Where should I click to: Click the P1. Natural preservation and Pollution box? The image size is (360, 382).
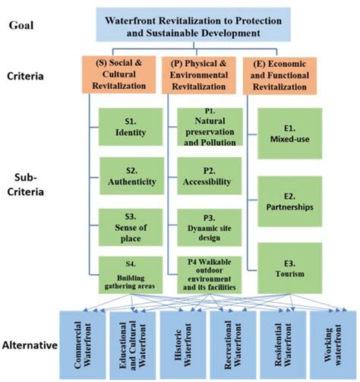(209, 128)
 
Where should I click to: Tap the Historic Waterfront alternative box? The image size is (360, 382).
(180, 339)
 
